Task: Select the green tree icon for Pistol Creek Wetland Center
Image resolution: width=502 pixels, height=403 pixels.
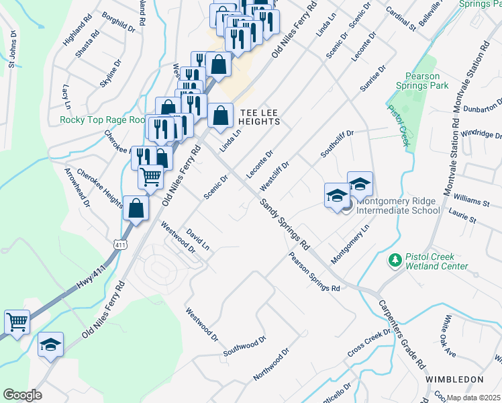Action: (x=395, y=259)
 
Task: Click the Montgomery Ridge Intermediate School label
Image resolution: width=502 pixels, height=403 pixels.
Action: (x=398, y=206)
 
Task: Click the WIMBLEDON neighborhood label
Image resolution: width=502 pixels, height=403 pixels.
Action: (x=454, y=379)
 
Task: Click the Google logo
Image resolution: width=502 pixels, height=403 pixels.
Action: (x=22, y=395)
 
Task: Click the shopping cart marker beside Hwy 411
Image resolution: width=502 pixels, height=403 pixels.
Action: (x=17, y=321)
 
